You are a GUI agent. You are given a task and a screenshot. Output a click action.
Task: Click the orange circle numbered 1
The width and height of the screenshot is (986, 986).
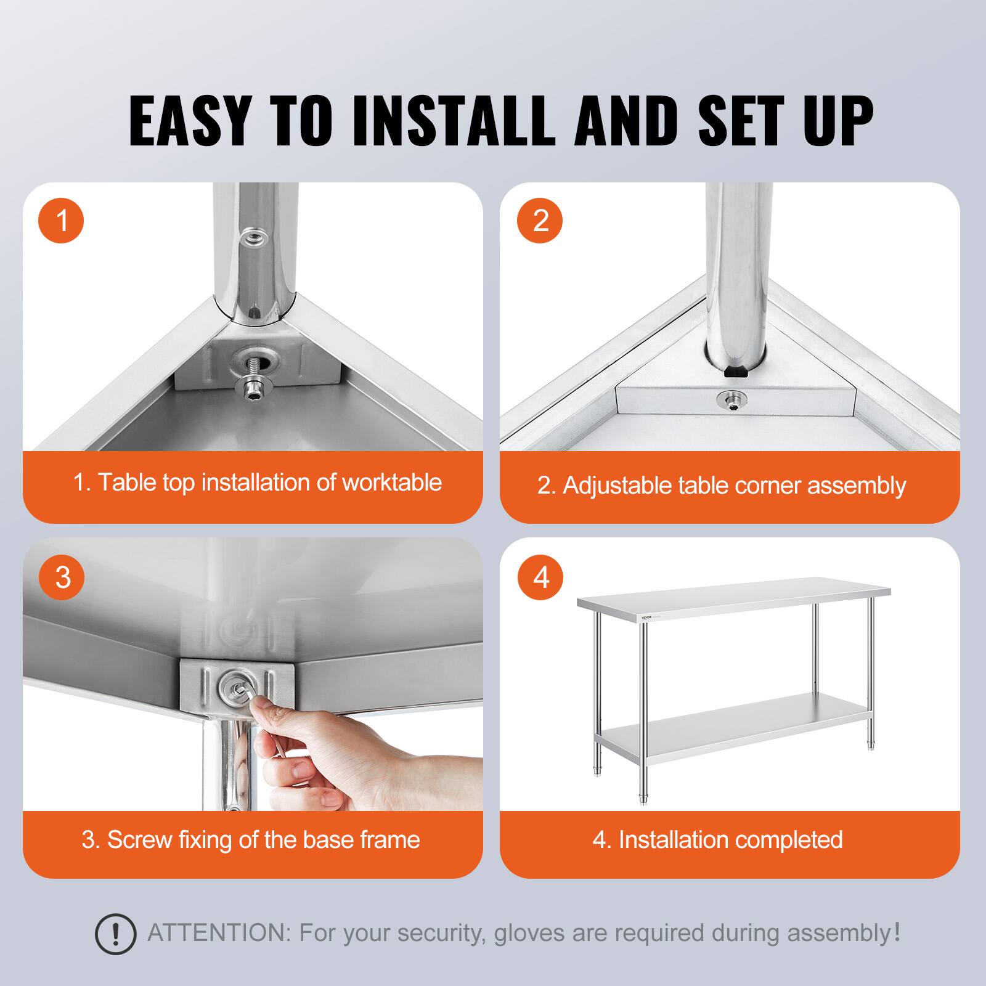click(61, 221)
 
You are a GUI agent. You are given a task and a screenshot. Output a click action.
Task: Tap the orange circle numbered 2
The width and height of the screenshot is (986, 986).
click(540, 221)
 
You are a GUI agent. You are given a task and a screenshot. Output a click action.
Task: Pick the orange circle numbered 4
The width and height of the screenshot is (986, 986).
click(540, 577)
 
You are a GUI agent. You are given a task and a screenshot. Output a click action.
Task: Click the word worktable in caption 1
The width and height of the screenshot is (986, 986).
click(391, 483)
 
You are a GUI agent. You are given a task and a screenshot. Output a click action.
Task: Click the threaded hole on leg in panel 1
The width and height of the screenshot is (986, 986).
click(251, 236)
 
